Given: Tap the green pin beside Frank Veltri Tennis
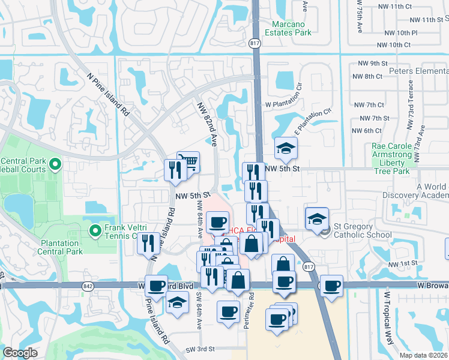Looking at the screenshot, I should click(95, 230).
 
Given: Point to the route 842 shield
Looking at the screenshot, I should click(89, 287).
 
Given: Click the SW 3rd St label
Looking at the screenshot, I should click(200, 349).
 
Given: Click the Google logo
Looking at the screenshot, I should click(20, 353).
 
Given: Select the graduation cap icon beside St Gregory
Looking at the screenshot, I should click(316, 220).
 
